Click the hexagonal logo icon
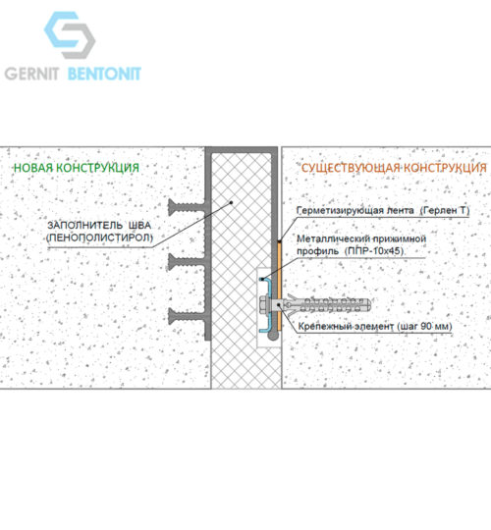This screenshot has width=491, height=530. [70, 34]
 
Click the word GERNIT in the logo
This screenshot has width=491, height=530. [31, 74]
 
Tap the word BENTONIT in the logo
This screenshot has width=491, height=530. [104, 74]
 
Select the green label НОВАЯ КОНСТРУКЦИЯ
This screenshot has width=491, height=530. [77, 168]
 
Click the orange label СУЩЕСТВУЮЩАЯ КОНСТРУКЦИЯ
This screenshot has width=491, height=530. [394, 168]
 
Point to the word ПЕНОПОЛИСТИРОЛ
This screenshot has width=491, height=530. [100, 238]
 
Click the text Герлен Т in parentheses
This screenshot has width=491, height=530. [445, 211]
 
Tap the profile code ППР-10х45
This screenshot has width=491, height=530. [374, 251]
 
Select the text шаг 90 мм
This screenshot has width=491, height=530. [424, 327]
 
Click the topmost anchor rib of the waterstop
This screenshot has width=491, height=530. [186, 207]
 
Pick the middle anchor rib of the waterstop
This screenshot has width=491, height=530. [186, 262]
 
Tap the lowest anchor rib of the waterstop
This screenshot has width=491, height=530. [186, 316]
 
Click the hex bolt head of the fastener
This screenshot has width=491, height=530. [264, 304]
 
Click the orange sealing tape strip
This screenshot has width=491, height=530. [280, 286]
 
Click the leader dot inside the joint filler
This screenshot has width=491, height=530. [232, 203]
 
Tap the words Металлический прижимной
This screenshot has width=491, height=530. [361, 238]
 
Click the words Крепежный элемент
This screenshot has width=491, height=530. [346, 327]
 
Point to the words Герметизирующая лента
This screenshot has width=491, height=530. [355, 211]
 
